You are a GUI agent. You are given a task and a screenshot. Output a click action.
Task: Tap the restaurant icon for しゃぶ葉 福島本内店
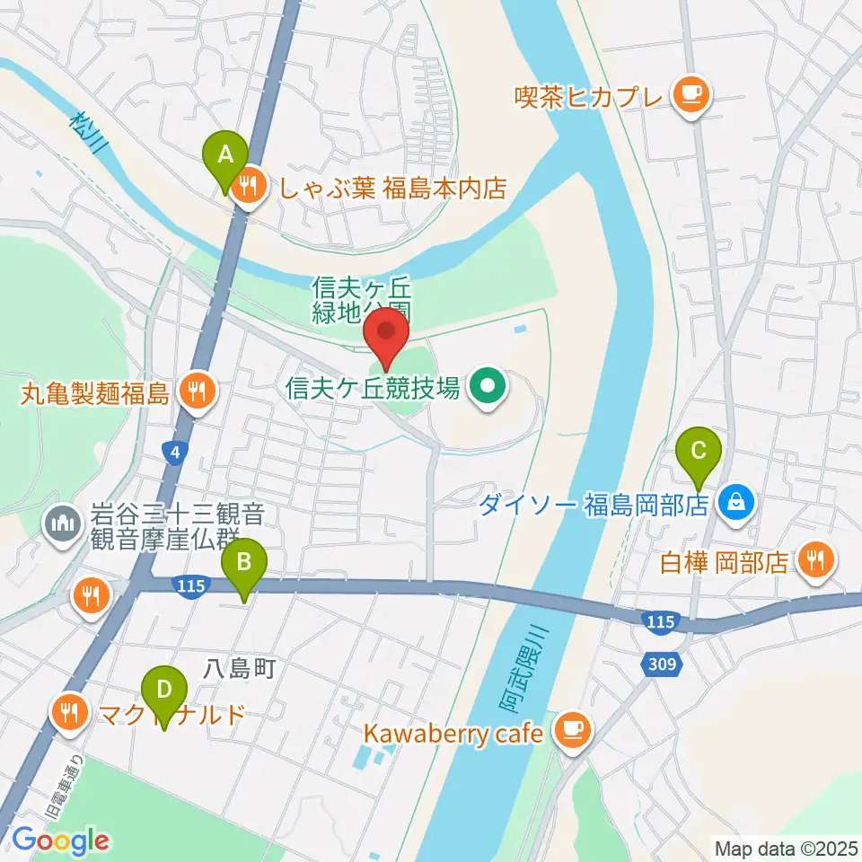(247, 187)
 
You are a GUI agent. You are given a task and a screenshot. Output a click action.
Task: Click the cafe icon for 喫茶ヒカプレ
(690, 92)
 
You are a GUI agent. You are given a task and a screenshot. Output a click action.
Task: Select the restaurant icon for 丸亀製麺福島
(194, 391)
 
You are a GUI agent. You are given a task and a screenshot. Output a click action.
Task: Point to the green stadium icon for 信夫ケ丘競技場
(488, 388)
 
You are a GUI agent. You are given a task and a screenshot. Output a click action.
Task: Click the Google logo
(60, 840)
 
